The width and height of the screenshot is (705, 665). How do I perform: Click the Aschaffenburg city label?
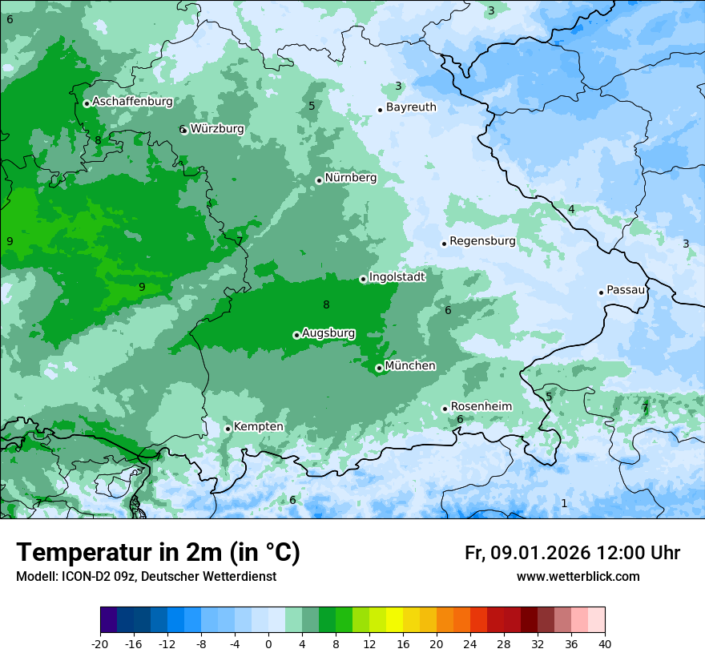click(132, 102)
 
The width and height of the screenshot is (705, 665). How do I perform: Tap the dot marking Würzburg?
click(184, 130)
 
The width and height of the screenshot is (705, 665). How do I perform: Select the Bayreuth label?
click(411, 107)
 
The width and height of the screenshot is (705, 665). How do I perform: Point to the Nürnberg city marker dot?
click(319, 180)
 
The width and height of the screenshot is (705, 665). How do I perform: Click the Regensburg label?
click(482, 240)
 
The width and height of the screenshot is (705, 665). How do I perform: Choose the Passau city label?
click(626, 289)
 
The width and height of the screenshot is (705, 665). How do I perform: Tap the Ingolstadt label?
click(397, 276)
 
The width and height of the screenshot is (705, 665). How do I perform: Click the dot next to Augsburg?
click(296, 335)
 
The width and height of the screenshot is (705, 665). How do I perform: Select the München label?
click(410, 365)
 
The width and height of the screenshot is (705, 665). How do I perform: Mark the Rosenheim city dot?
click(445, 409)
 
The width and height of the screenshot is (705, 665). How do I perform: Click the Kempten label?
click(258, 426)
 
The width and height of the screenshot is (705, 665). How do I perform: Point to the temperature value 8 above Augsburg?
click(326, 304)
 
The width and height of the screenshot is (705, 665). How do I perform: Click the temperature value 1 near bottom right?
click(564, 503)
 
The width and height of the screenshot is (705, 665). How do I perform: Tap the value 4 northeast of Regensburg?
click(571, 209)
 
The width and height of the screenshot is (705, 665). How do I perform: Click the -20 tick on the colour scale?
click(100, 644)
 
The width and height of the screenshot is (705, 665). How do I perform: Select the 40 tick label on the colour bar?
click(605, 644)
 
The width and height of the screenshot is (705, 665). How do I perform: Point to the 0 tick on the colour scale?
click(268, 644)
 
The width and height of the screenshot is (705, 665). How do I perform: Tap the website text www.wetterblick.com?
click(578, 576)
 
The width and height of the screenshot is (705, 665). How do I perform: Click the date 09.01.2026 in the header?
click(541, 553)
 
